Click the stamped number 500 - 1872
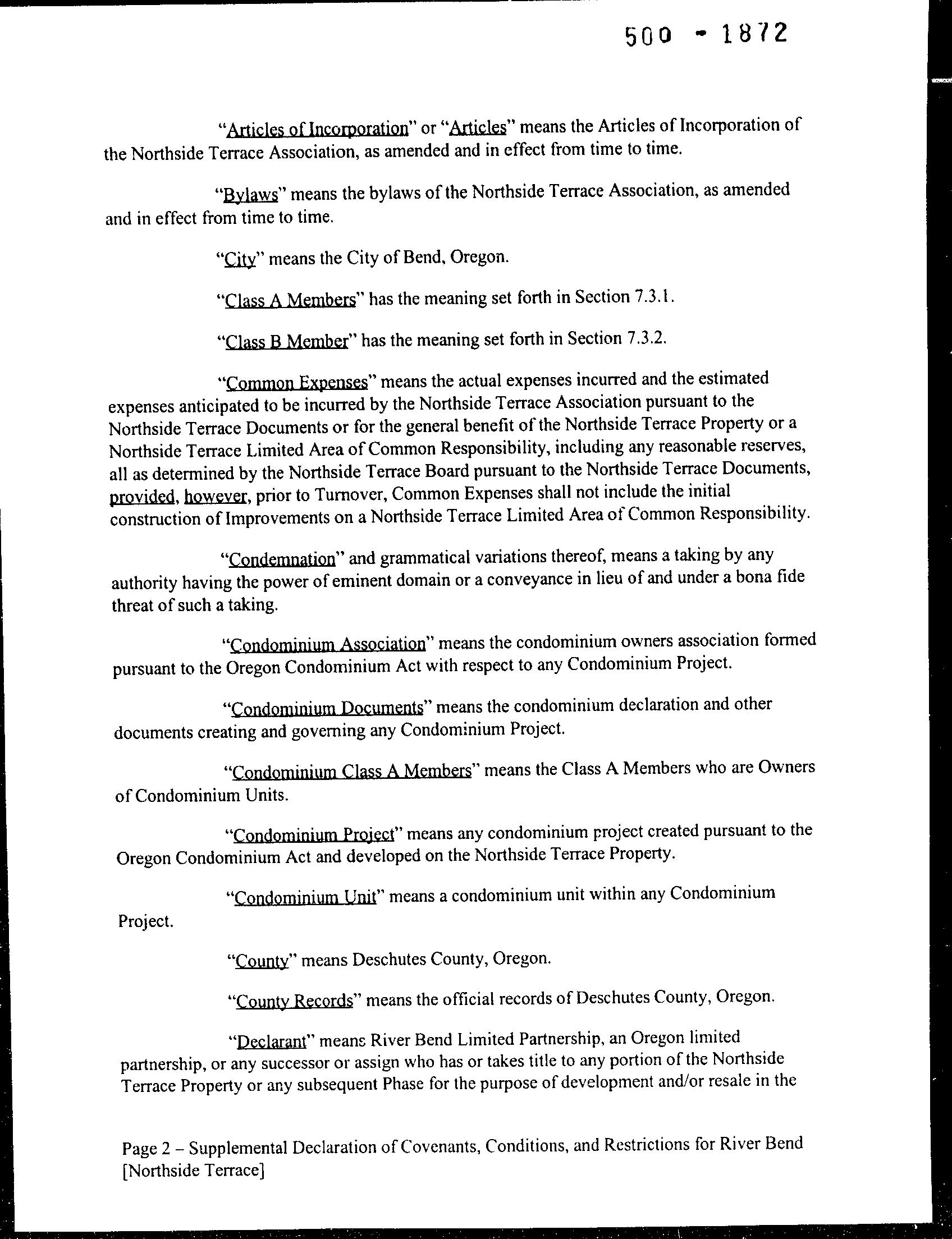(706, 35)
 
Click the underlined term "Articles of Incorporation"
(317, 129)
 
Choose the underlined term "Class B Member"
(286, 341)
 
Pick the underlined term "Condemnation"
(282, 559)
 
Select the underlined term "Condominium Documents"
(328, 708)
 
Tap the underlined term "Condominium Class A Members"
(351, 772)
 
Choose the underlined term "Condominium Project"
(313, 835)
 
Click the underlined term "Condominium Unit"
(305, 897)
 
